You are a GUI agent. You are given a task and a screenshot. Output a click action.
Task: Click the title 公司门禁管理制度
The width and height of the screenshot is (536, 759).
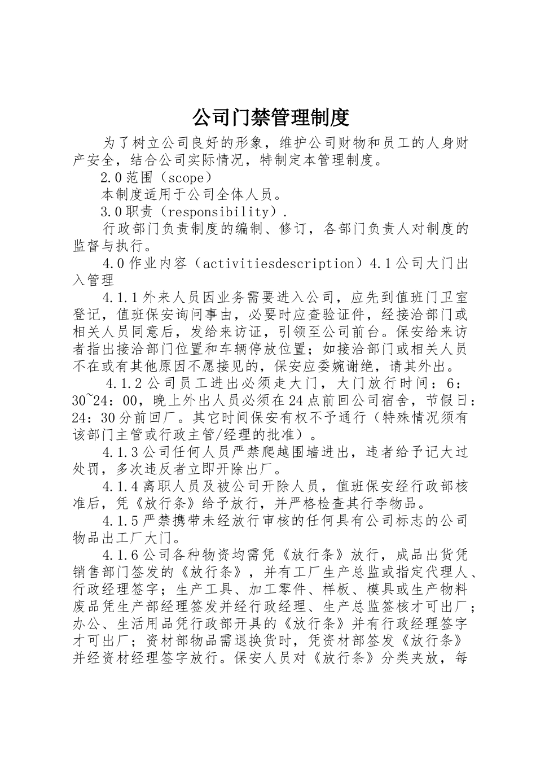(x=271, y=117)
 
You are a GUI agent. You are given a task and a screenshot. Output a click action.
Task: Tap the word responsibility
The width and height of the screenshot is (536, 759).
(x=217, y=212)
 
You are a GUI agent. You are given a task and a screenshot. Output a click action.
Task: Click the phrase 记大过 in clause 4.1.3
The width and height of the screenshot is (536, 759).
(x=432, y=452)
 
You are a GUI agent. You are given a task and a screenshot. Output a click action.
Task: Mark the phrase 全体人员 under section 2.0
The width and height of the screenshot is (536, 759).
(x=243, y=195)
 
